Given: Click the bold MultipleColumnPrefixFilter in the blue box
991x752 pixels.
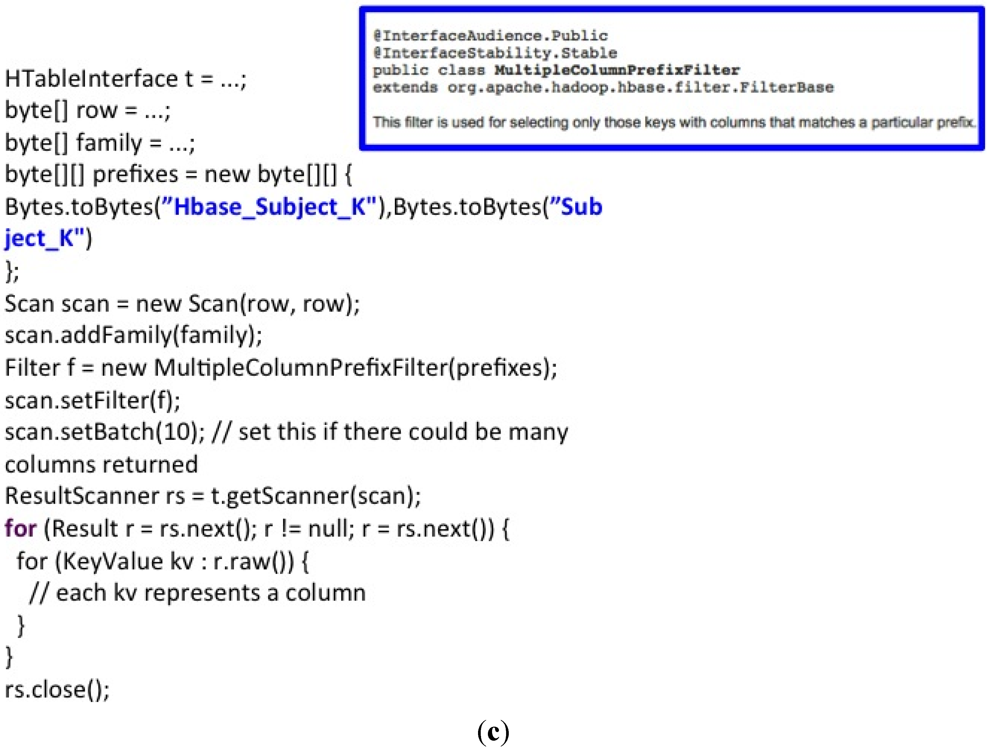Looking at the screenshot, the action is (x=617, y=70).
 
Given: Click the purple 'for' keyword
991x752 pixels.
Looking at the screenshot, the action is (x=20, y=529).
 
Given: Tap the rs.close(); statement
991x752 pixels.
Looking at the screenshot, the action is (x=57, y=690).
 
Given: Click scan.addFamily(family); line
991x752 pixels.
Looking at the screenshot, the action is (x=133, y=335).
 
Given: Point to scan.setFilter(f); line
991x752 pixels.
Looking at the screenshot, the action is (x=92, y=400).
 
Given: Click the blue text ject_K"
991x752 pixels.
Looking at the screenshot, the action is (x=47, y=238).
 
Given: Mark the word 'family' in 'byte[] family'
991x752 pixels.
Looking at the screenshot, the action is (x=109, y=143).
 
